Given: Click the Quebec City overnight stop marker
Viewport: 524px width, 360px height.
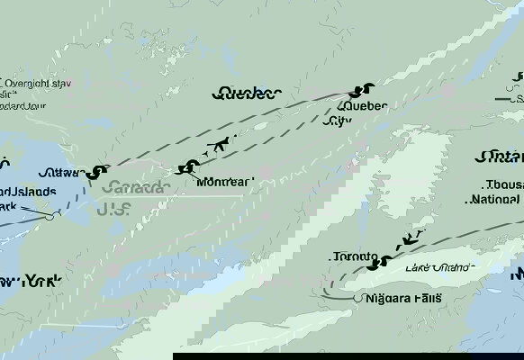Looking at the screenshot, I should [x=364, y=90].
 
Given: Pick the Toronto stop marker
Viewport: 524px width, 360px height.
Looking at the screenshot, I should [x=384, y=263].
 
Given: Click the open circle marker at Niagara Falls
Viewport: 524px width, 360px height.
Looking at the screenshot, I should [x=358, y=298].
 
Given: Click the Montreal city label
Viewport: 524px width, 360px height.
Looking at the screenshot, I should [x=224, y=183].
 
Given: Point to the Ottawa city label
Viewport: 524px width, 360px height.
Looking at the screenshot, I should [x=61, y=173].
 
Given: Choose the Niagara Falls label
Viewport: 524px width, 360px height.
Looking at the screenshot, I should [x=404, y=298].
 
